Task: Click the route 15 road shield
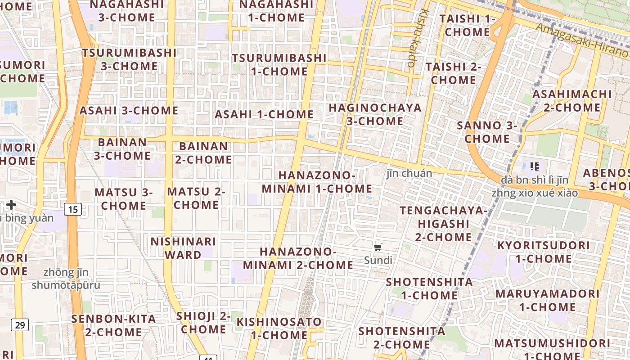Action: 73,209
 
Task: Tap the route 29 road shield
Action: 20,324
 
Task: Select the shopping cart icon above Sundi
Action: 378,247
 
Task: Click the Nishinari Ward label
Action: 183,248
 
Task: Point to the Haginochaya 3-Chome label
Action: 375,114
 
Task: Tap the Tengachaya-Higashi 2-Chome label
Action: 443,224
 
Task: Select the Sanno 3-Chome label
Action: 487,132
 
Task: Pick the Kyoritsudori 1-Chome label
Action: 543,252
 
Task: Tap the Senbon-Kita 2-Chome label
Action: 114,325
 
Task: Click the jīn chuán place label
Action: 409,173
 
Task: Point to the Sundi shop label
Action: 378,260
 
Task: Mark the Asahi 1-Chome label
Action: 264,114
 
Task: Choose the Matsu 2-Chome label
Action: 196,198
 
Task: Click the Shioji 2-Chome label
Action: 203,322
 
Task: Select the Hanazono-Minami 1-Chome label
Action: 317,182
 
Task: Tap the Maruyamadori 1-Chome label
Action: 547,300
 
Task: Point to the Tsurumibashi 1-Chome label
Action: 279,64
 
